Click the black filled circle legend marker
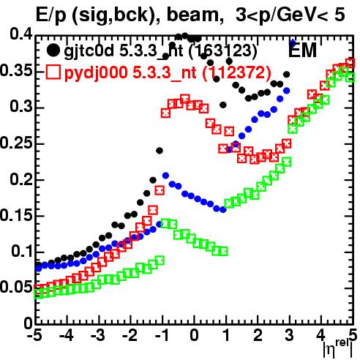tap(53, 50)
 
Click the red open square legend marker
tap(53, 72)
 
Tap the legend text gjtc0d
tap(89, 52)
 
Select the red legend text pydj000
tap(96, 73)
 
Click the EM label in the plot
tap(303, 50)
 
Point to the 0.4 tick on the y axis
tap(21, 34)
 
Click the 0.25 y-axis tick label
tap(16, 143)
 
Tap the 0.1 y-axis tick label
tap(22, 252)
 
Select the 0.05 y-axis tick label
tap(16, 288)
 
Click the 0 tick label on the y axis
tap(29, 323)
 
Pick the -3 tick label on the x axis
tap(98, 336)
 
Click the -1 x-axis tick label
tap(162, 336)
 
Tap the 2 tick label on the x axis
tap(258, 336)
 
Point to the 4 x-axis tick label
tap(321, 336)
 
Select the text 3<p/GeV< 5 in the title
tap(290, 15)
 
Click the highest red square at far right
tap(350, 63)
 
